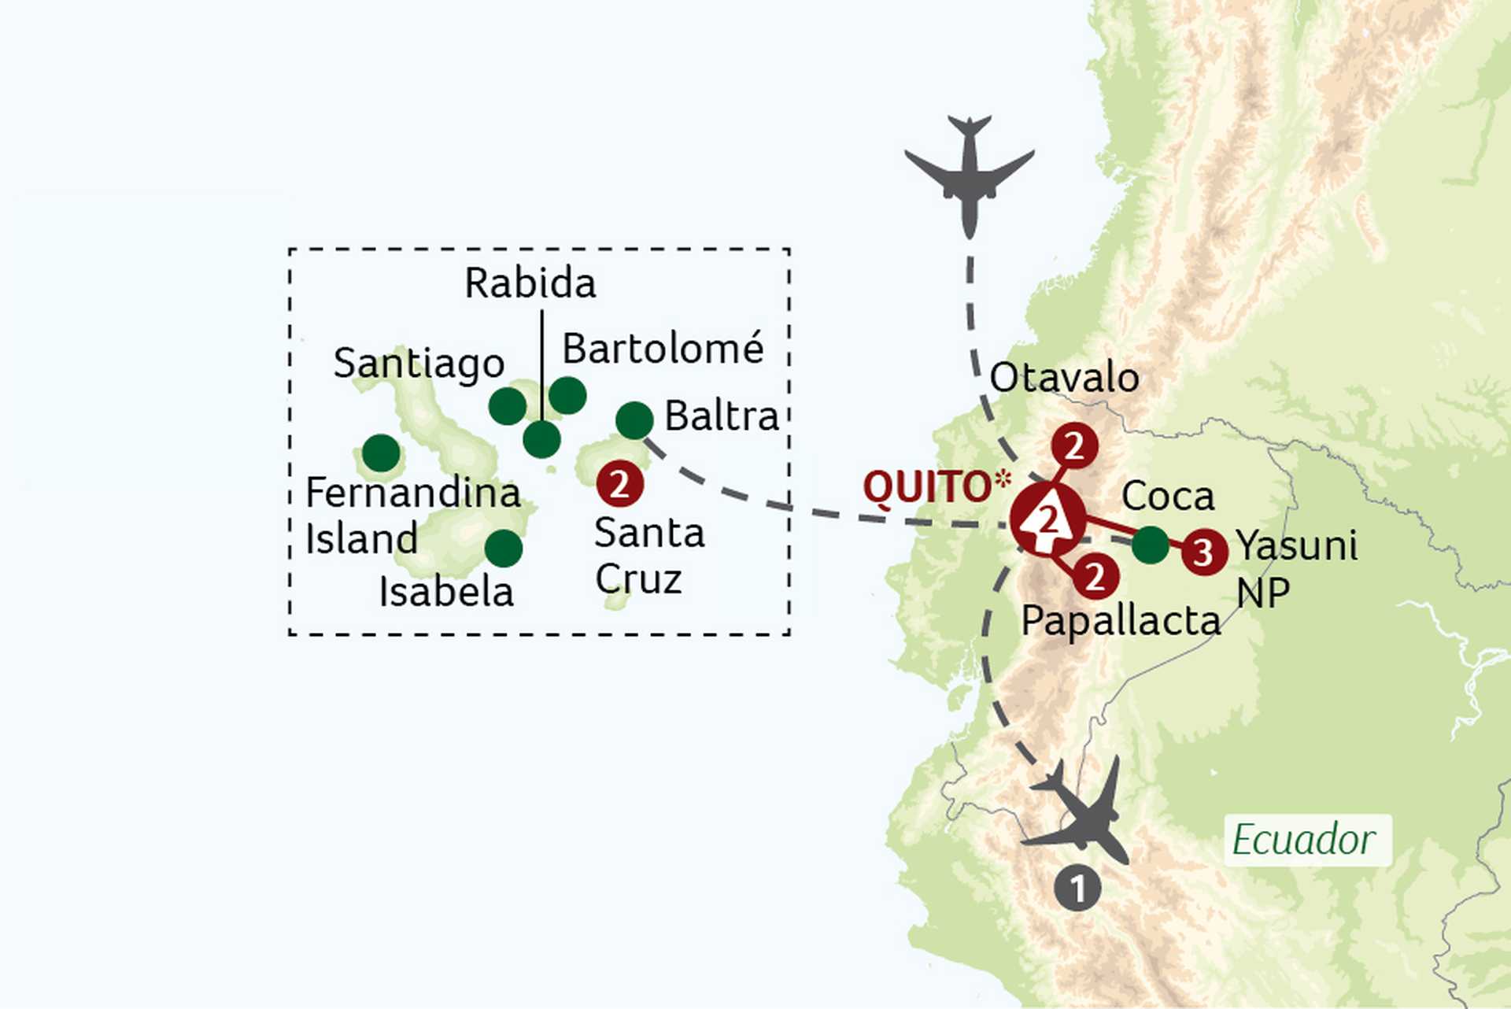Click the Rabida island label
coord(530,283)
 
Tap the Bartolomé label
coord(663,349)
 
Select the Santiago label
coord(419,364)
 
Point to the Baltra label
coord(721,416)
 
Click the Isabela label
coord(445,592)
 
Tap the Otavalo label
coord(1064,378)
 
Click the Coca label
coord(1168,497)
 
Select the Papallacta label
coord(1120,621)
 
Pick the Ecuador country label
coord(1303,840)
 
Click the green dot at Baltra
coord(634,420)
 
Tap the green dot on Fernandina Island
coord(381,453)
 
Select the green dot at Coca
coord(1151,545)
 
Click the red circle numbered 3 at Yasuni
coord(1203,553)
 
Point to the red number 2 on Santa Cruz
coord(620,485)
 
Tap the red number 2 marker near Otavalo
coord(1074,446)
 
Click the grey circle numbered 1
coord(1077,889)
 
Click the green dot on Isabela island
coord(504,548)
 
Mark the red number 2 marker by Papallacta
coord(1095,576)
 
